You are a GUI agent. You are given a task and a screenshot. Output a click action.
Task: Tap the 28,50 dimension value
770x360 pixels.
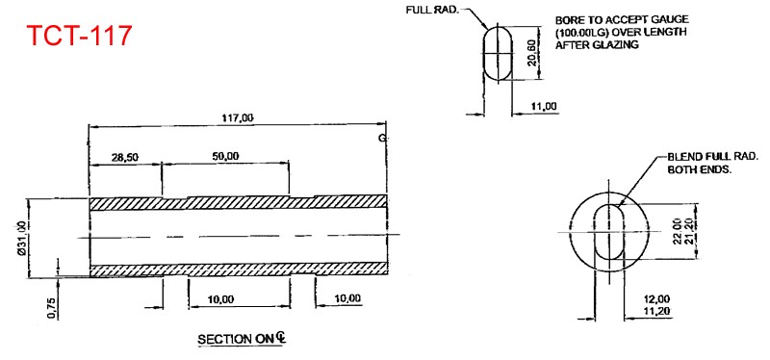pyautogui.click(x=123, y=156)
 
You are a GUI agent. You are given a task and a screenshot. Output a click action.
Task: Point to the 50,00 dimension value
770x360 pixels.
pyautogui.click(x=226, y=156)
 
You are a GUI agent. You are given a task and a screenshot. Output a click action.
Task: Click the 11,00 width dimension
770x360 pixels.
pyautogui.click(x=544, y=106)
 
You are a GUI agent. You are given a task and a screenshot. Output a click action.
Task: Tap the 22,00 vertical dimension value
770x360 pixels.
pyautogui.click(x=676, y=232)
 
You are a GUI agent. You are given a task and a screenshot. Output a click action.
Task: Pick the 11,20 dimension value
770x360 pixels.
pyautogui.click(x=656, y=311)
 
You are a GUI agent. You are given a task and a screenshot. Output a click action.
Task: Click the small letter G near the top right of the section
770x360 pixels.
pyautogui.click(x=382, y=139)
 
